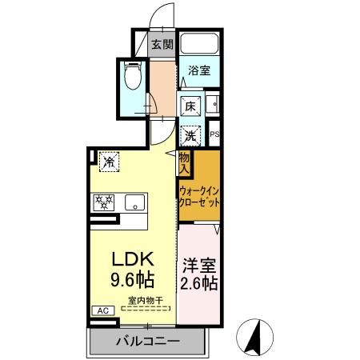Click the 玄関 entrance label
tap(162, 45)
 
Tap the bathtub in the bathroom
tap(199, 44)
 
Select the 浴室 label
tap(199, 70)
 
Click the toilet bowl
tap(133, 75)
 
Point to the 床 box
tap(190, 106)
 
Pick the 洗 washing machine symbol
tap(190, 136)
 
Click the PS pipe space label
tap(214, 134)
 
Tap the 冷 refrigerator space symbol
tap(109, 162)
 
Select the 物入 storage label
tap(184, 163)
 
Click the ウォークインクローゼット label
tap(199, 198)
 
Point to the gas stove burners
tap(104, 202)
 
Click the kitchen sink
tap(135, 202)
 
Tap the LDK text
tap(133, 258)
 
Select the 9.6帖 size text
tap(133, 279)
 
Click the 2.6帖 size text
tap(199, 283)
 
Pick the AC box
tap(103, 310)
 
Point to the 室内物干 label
tap(146, 301)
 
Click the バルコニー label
tap(147, 341)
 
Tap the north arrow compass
tap(254, 337)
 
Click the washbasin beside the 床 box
tap(213, 104)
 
